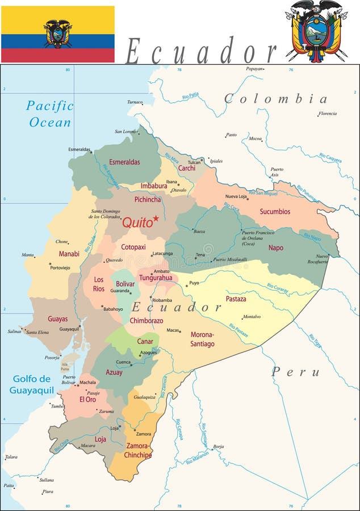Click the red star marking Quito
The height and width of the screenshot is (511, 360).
click(156, 218)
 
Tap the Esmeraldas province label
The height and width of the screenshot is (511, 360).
click(124, 162)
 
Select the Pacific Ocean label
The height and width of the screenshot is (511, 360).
click(50, 114)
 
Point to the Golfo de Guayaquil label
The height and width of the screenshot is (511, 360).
click(32, 384)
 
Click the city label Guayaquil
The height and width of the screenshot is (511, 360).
click(69, 329)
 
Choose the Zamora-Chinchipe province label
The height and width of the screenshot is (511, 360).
click(138, 450)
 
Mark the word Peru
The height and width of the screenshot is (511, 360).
click(295, 372)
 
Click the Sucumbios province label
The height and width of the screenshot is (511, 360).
click(275, 212)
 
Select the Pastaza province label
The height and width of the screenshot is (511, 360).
click(236, 299)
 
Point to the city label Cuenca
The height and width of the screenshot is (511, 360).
click(123, 362)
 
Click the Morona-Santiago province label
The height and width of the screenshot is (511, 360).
click(202, 339)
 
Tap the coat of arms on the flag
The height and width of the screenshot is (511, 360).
click(57, 34)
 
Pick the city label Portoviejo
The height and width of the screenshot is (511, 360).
click(60, 267)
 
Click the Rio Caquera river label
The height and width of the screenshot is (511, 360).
click(330, 157)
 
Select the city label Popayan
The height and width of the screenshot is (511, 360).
click(254, 69)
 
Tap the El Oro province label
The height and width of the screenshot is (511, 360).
click(87, 399)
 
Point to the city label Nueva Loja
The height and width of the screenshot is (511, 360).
click(236, 196)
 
